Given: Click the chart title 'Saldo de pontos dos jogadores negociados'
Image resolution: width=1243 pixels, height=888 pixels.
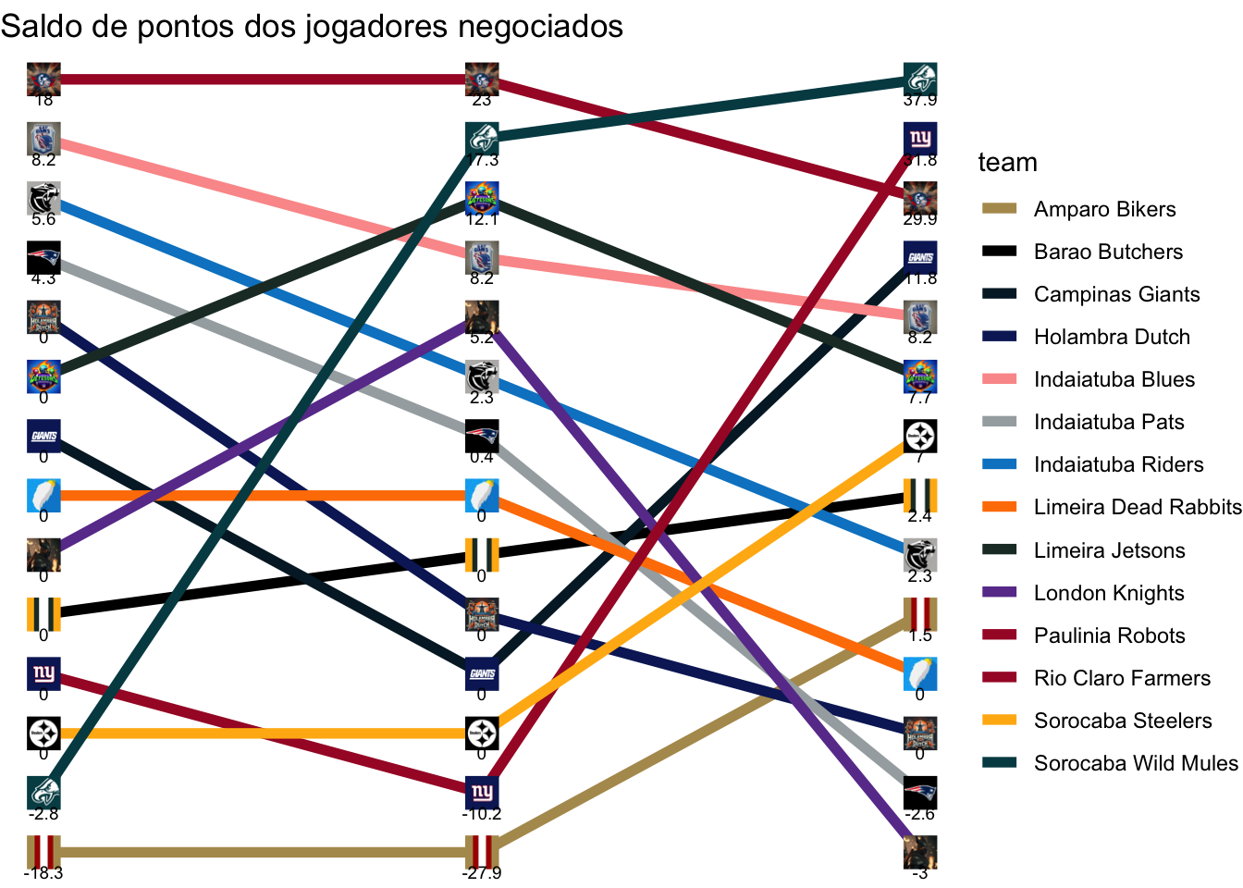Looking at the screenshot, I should [312, 27].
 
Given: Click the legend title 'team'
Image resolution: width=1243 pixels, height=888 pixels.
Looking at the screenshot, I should [1007, 163].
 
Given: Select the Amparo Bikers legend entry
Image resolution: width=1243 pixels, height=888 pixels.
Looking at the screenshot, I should [1104, 209].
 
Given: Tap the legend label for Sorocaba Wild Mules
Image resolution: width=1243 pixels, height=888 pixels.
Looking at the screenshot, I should [1135, 763].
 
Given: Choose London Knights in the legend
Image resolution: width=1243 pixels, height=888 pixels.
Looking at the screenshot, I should [1109, 593].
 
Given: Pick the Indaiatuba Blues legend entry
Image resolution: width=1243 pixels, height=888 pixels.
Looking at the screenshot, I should [1114, 379].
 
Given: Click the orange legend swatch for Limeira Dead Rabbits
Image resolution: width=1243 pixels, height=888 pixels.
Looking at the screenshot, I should [999, 507].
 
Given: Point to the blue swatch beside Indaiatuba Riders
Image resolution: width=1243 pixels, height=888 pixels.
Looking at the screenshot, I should [999, 464].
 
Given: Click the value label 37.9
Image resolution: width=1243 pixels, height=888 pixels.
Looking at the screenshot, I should [920, 101].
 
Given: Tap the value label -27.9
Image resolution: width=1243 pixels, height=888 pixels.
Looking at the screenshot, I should [482, 873].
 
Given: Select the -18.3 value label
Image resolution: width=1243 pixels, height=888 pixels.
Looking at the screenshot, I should [43, 873].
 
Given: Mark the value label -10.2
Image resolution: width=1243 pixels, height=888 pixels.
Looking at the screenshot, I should [482, 814].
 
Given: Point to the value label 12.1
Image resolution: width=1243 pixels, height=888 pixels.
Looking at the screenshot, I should [482, 219].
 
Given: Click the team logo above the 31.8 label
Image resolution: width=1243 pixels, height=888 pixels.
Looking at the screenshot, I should [920, 139].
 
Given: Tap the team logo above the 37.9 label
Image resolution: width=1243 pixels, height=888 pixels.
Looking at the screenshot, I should [920, 79].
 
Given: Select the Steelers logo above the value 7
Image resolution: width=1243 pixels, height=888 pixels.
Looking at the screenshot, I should [920, 436].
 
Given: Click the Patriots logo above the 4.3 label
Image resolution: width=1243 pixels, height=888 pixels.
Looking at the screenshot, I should [43, 257].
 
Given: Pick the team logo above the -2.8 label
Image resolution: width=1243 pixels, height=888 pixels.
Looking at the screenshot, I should [43, 793].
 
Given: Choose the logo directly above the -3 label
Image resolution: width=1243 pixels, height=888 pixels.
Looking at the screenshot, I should [920, 852].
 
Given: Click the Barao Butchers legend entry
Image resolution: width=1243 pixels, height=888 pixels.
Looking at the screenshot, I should [1108, 252].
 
